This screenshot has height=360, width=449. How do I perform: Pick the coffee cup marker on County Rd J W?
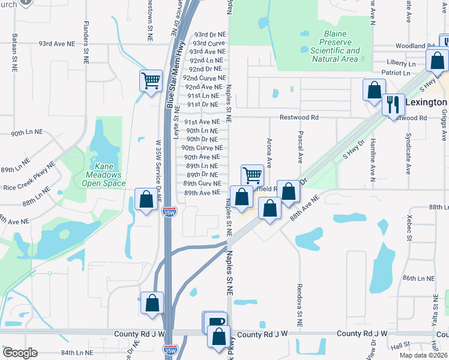(215, 322)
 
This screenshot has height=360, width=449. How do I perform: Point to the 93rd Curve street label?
(208, 43)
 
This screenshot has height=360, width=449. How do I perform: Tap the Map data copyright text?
(424, 355)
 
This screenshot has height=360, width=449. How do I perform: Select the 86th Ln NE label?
(418, 278)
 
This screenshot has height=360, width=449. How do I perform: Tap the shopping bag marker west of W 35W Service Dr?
(146, 199)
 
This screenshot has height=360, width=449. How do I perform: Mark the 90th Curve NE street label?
(202, 148)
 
